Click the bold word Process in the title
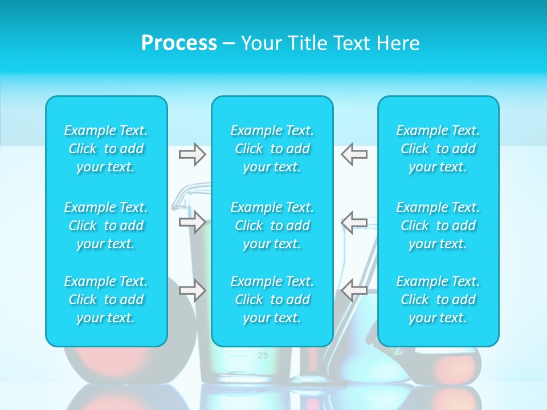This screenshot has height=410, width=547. pyautogui.click(x=179, y=43)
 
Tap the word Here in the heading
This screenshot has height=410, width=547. pyautogui.click(x=398, y=43)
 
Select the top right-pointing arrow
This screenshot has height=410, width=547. pyautogui.click(x=192, y=154)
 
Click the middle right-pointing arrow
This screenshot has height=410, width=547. pyautogui.click(x=192, y=222)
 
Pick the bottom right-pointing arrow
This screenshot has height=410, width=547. pyautogui.click(x=192, y=290)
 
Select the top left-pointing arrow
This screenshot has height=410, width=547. pyautogui.click(x=354, y=154)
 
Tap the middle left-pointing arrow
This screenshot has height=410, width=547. pyautogui.click(x=354, y=222)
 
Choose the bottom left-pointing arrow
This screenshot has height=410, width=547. pyautogui.click(x=354, y=290)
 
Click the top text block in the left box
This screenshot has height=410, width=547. pyautogui.click(x=106, y=149)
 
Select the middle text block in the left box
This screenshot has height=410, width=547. pyautogui.click(x=106, y=225)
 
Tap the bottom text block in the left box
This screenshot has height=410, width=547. pyautogui.click(x=106, y=300)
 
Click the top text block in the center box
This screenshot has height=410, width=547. pyautogui.click(x=272, y=149)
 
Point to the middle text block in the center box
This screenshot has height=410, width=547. pyautogui.click(x=272, y=225)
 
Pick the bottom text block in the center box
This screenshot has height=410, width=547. pyautogui.click(x=272, y=300)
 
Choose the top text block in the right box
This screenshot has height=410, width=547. pyautogui.click(x=438, y=149)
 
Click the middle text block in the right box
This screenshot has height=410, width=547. pyautogui.click(x=438, y=225)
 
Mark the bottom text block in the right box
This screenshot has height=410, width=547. pyautogui.click(x=438, y=300)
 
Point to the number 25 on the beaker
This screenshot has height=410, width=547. pyautogui.click(x=262, y=355)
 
